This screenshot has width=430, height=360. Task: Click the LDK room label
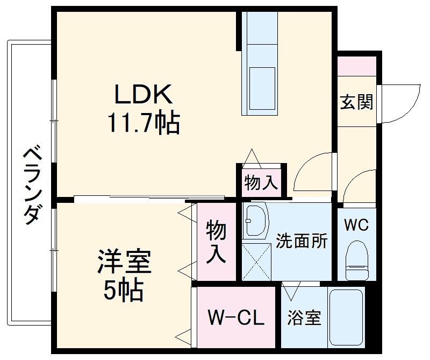click(143, 95)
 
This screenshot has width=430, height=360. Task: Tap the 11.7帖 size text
click(143, 123)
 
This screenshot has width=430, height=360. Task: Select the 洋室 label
click(124, 263)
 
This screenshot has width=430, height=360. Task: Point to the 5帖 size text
click(124, 291)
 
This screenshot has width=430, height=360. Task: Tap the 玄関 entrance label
click(356, 102)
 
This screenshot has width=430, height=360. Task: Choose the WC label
click(356, 225)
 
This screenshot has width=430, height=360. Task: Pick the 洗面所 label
click(302, 241)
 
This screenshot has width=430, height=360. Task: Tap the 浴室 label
click(304, 318)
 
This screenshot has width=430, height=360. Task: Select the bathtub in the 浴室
click(347, 318)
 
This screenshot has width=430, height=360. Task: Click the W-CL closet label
click(236, 318)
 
